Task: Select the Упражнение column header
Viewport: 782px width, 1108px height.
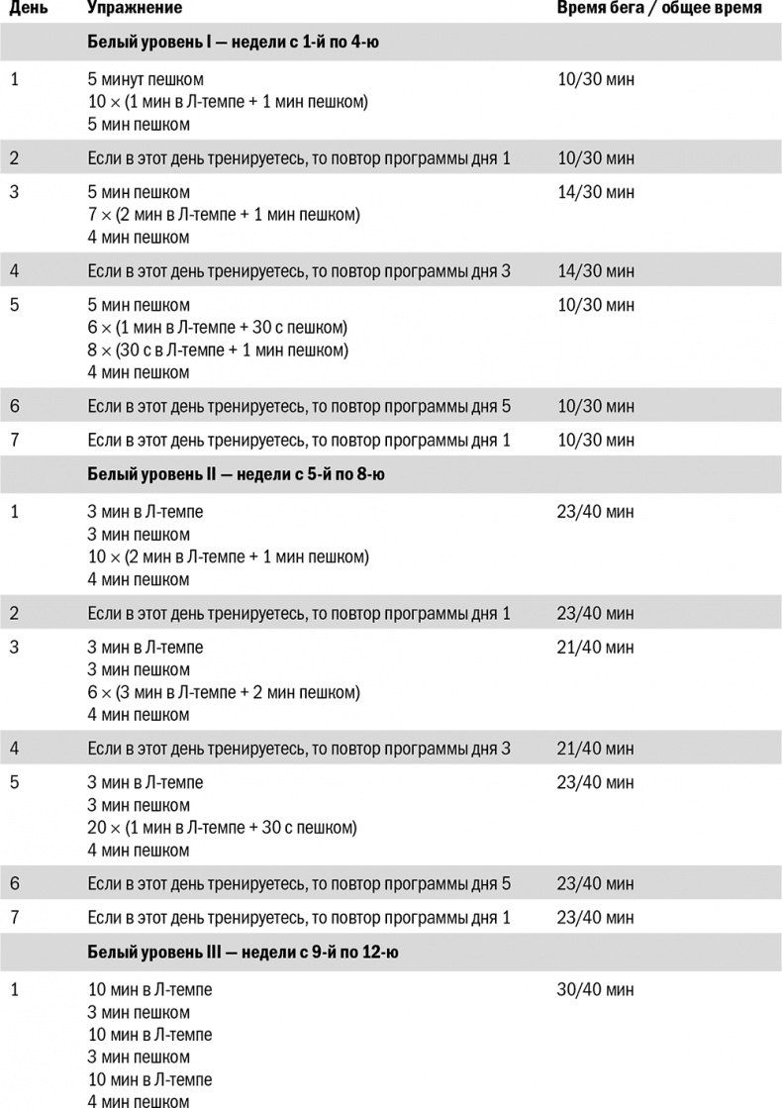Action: (134, 8)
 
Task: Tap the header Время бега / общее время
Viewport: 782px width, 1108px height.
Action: (658, 8)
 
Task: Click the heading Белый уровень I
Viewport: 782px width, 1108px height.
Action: (236, 43)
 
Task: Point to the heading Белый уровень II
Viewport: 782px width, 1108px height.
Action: (236, 474)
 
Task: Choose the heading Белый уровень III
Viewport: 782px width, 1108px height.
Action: (243, 952)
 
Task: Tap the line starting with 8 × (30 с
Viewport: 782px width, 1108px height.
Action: (218, 351)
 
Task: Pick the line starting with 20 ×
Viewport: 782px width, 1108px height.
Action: (222, 827)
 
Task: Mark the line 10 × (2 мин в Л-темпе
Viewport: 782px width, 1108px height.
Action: (228, 556)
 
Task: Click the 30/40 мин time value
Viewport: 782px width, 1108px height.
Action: (596, 989)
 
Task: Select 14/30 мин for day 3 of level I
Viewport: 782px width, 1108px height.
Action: (596, 192)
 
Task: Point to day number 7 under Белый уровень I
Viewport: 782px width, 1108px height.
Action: (14, 440)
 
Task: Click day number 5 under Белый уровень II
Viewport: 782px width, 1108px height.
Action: (14, 782)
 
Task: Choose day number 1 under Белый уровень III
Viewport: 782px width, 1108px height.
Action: (14, 989)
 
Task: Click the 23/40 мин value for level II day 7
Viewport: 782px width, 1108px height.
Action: (596, 917)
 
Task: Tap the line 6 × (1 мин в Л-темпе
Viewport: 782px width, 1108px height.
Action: (217, 328)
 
